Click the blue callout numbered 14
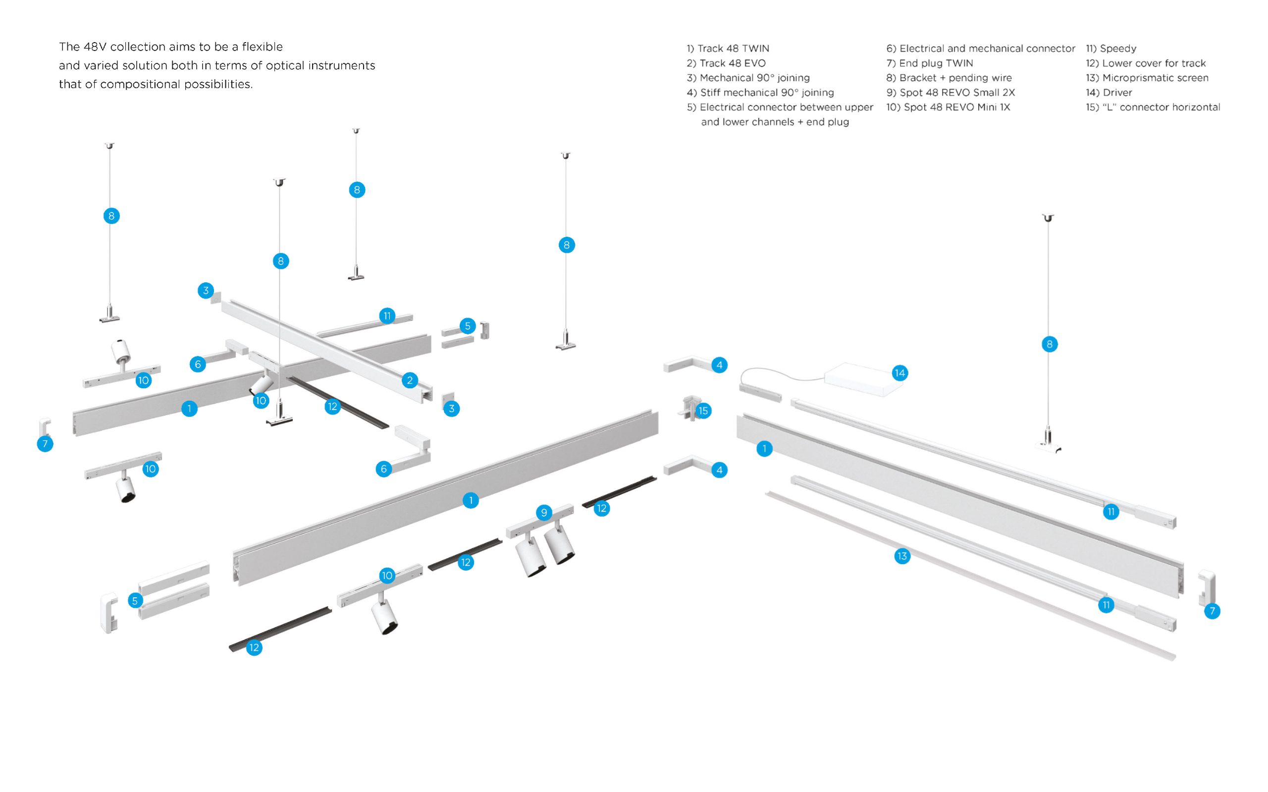(x=900, y=373)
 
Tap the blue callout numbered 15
(x=703, y=411)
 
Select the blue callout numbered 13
(x=902, y=556)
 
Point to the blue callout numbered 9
(x=544, y=513)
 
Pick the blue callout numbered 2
(x=410, y=380)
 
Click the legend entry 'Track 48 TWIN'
(x=728, y=49)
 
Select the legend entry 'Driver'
(x=1109, y=93)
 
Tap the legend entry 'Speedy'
(x=1111, y=49)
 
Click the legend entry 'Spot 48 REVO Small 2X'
(x=950, y=93)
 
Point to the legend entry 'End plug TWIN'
(x=930, y=63)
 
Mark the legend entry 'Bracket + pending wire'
(x=949, y=78)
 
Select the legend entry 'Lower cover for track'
(x=1146, y=63)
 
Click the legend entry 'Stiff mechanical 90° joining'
(x=760, y=93)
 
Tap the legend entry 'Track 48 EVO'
(x=727, y=63)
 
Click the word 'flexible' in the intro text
(x=262, y=47)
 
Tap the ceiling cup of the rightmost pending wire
(x=1048, y=217)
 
